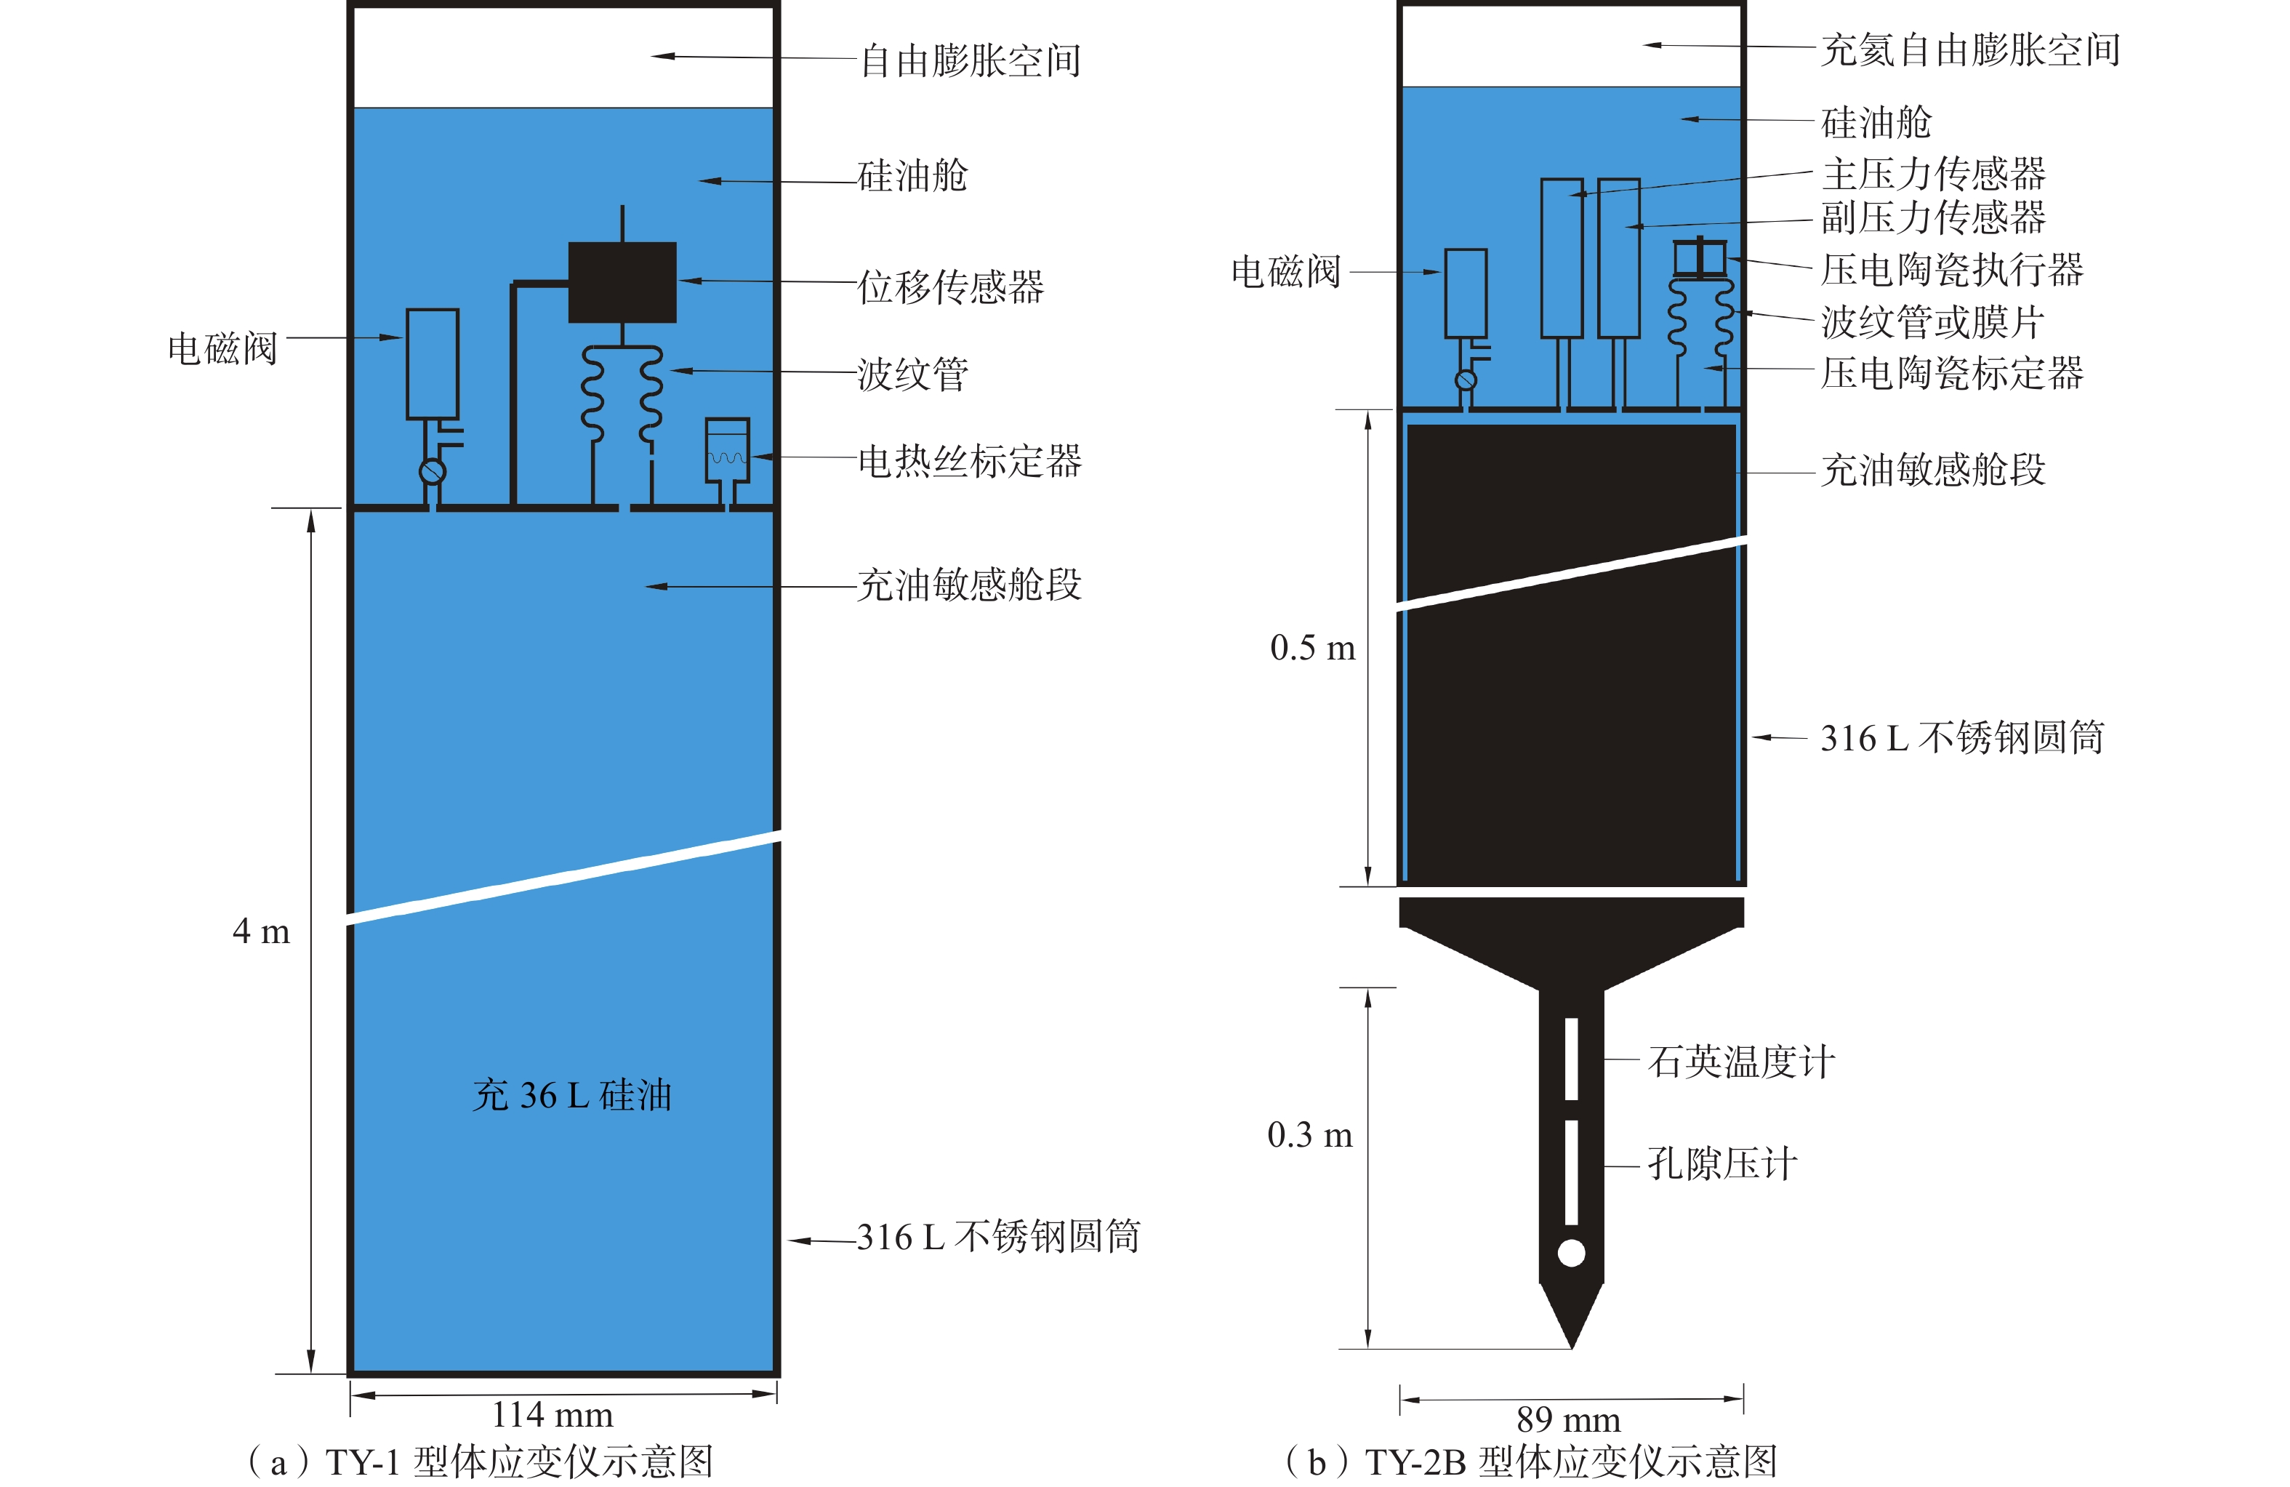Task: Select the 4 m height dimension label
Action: tap(261, 931)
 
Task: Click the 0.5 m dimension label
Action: tap(1312, 648)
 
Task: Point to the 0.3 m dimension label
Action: tap(1309, 1135)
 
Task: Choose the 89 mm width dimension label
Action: tap(1568, 1419)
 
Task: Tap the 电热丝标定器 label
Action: tap(970, 461)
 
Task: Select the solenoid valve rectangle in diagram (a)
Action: tap(432, 363)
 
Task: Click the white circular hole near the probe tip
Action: tap(1571, 1253)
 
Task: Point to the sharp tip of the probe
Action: tap(1571, 1344)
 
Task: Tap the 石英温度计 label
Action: tap(1742, 1062)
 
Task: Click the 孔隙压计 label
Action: tap(1722, 1163)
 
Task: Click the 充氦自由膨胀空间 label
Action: tap(1971, 50)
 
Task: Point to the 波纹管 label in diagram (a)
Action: tap(913, 374)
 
